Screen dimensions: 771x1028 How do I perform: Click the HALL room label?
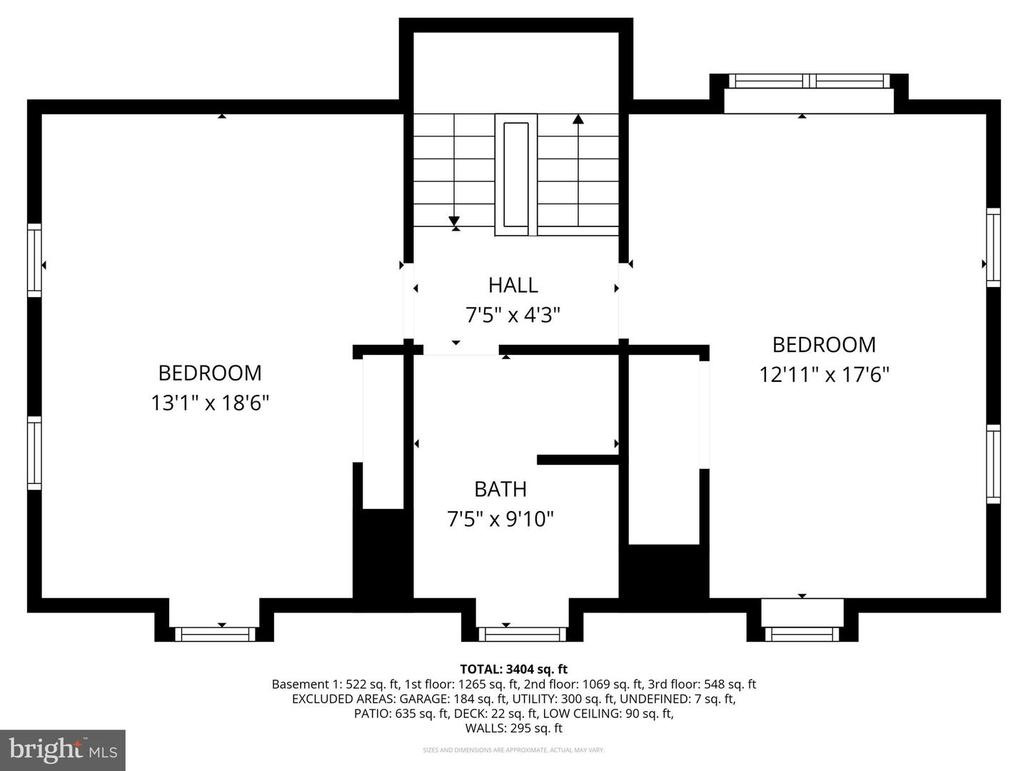(513, 285)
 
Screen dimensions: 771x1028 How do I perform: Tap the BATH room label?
(500, 489)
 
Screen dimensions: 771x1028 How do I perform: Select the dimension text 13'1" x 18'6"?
(209, 403)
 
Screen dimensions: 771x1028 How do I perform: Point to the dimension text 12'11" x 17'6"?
(824, 375)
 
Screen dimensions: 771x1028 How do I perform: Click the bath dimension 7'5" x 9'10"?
(500, 519)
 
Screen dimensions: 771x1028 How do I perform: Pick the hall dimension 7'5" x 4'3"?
(513, 315)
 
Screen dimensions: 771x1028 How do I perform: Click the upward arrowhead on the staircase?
(578, 119)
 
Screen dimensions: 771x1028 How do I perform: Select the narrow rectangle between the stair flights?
(515, 174)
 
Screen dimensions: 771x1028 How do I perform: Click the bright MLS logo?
(63, 750)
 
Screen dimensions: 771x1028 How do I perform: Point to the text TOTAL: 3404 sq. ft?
(513, 669)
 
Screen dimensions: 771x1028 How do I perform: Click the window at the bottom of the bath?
(522, 634)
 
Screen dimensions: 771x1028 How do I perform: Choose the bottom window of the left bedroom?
(215, 634)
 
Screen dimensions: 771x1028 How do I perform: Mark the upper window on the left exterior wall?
(34, 260)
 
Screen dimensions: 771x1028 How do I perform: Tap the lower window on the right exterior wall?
(993, 464)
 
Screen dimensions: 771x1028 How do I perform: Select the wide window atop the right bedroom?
(808, 81)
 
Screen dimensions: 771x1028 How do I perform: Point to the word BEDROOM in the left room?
(209, 373)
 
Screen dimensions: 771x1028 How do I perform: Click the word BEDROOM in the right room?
(824, 345)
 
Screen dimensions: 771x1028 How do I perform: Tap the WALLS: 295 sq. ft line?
(513, 728)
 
